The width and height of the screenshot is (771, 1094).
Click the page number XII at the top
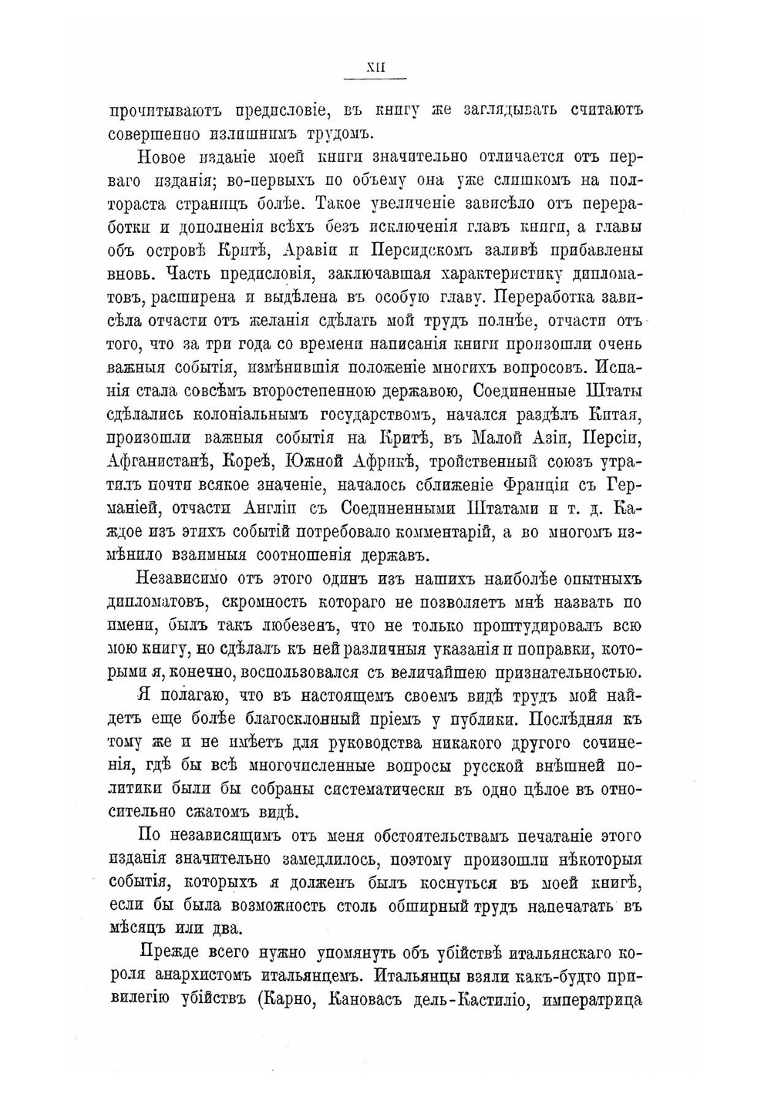tap(375, 68)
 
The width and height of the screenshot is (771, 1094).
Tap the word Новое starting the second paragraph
tap(162, 158)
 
